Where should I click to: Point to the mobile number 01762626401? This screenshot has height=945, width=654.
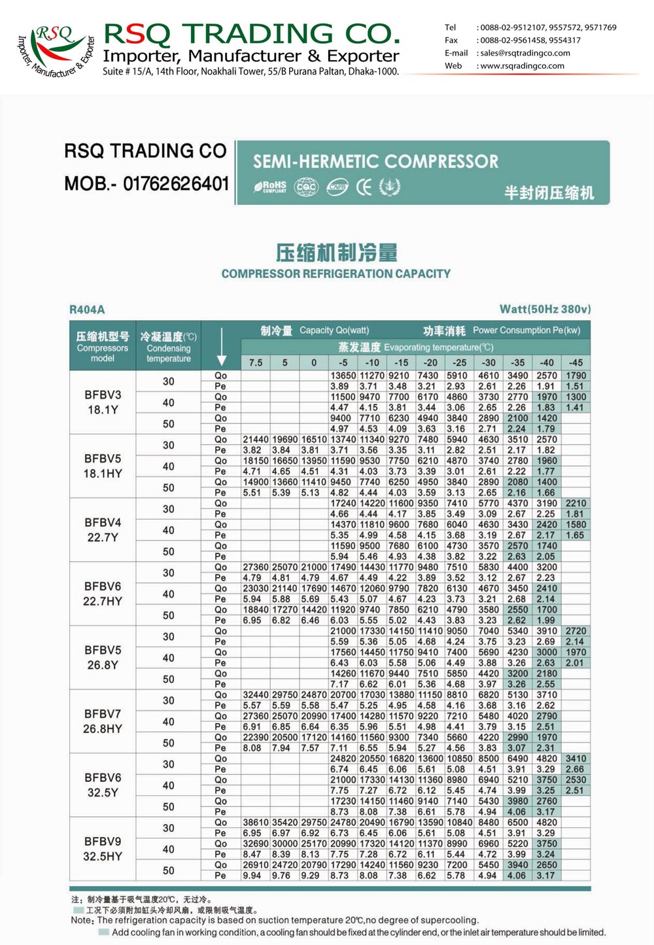click(176, 184)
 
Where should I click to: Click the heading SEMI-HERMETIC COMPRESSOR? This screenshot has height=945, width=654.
click(375, 162)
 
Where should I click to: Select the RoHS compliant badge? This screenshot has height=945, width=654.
click(271, 187)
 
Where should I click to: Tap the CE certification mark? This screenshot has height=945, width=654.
click(364, 187)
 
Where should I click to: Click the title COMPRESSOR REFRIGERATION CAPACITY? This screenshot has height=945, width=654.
click(336, 274)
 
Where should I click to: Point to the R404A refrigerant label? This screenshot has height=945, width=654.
click(87, 310)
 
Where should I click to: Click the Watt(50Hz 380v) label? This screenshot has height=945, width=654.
click(545, 309)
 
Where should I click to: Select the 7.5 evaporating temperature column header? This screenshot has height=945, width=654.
click(256, 363)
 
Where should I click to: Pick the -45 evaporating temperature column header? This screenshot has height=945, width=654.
click(576, 363)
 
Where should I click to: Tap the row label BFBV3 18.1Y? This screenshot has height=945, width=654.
click(103, 402)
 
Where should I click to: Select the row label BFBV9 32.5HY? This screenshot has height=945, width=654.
click(103, 849)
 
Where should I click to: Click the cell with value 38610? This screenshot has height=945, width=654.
click(256, 823)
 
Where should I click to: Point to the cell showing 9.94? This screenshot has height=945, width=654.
click(252, 876)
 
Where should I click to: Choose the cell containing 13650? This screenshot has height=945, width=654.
click(343, 376)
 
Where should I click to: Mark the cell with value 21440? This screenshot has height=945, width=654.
click(256, 440)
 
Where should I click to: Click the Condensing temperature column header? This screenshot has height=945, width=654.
click(168, 347)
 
